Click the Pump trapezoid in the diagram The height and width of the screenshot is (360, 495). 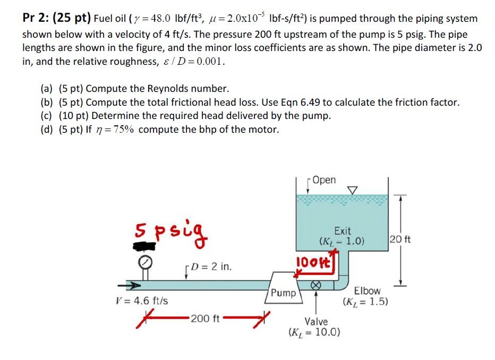click(284, 288)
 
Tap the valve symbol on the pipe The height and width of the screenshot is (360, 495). click(316, 285)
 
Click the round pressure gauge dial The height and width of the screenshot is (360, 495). click(145, 262)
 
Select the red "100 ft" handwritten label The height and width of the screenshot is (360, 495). click(313, 262)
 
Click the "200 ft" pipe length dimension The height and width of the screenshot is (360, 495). click(205, 319)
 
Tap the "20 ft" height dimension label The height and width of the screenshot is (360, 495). click(400, 239)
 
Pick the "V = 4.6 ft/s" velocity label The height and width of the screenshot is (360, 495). click(142, 301)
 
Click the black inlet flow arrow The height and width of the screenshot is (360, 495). click(129, 286)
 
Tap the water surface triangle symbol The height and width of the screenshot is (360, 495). click(352, 190)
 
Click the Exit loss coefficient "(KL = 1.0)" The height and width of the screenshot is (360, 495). click(342, 242)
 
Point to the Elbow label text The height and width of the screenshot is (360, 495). click(367, 290)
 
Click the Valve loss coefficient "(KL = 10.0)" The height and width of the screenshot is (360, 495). click(314, 332)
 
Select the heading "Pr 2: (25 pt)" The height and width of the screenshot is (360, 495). click(56, 18)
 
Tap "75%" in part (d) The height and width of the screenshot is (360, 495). click(123, 130)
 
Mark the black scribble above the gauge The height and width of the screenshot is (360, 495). click(144, 246)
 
